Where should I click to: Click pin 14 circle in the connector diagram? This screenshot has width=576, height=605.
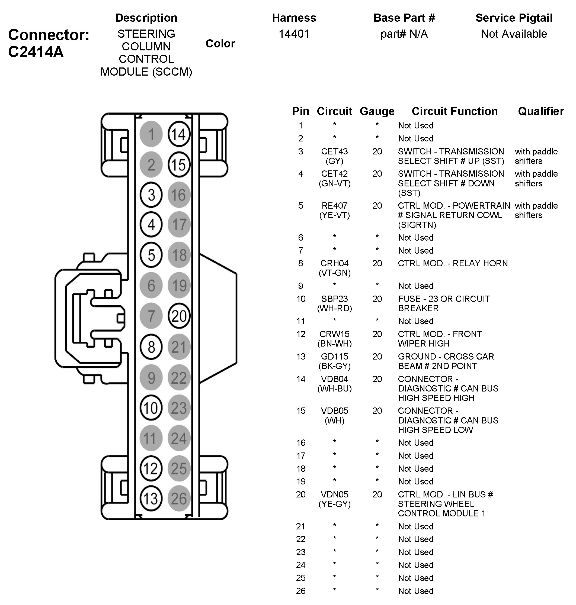click(x=179, y=134)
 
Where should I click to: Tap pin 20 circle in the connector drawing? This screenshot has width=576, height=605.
click(x=179, y=316)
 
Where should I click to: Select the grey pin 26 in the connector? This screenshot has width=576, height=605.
click(x=179, y=499)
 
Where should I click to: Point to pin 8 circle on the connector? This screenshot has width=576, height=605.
click(x=151, y=347)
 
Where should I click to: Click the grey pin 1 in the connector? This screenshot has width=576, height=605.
click(x=151, y=134)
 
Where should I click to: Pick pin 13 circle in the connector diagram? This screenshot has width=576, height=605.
click(x=151, y=499)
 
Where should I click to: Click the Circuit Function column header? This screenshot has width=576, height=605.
click(x=455, y=111)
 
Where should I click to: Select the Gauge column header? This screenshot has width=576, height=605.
click(x=377, y=111)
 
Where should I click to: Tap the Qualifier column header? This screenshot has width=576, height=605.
click(x=541, y=111)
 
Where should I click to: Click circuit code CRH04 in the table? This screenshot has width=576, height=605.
click(x=334, y=263)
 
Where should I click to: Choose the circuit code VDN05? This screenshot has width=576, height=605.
click(x=334, y=494)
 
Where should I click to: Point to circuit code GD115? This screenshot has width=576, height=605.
click(x=334, y=357)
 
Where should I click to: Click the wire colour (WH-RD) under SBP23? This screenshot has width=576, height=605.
click(x=334, y=308)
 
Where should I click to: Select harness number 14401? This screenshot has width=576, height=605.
click(x=294, y=34)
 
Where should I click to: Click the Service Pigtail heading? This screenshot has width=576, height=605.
click(x=514, y=18)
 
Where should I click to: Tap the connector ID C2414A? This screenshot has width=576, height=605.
click(x=36, y=52)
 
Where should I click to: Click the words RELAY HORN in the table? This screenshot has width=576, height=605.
click(x=480, y=263)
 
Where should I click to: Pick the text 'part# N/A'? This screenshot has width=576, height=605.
click(x=404, y=34)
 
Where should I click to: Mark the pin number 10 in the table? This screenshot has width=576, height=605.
click(x=301, y=299)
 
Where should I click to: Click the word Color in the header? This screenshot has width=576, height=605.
click(x=220, y=44)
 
